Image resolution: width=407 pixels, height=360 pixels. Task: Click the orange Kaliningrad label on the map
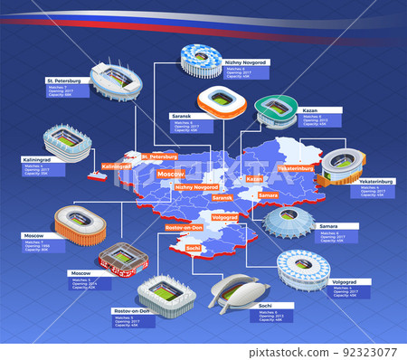(x=116, y=166)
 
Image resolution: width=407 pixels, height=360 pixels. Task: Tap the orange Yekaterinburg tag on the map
(x=295, y=168)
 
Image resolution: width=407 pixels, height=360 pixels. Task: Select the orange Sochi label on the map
(x=193, y=248)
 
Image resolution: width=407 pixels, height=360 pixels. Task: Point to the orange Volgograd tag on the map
(x=223, y=218)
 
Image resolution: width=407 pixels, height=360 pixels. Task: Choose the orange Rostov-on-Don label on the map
(x=184, y=228)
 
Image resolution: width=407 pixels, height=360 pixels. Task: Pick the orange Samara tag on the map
(x=268, y=194)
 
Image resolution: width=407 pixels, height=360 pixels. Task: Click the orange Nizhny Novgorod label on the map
(x=195, y=187)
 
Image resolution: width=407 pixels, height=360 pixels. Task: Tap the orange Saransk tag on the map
(x=222, y=197)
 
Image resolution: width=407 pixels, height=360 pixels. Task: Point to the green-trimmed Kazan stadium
(x=276, y=112)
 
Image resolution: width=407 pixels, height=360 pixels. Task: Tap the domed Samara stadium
(x=287, y=220)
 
